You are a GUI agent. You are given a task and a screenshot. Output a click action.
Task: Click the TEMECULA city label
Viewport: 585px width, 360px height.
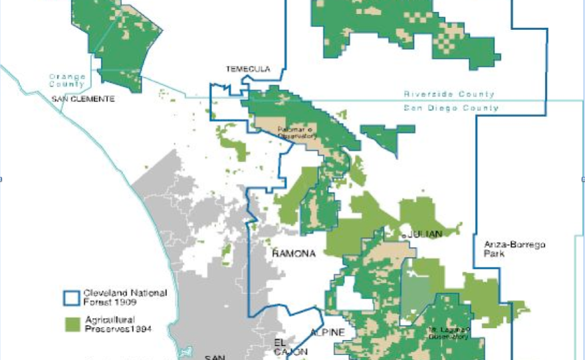[248, 69]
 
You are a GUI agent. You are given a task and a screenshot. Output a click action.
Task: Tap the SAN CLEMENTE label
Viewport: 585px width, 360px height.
[83, 99]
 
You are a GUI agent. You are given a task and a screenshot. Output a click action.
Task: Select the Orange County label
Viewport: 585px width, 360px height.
[67, 80]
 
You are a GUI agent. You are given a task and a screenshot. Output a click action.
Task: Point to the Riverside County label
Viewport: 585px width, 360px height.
[449, 94]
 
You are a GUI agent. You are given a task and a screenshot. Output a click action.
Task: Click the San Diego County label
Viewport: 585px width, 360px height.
[451, 108]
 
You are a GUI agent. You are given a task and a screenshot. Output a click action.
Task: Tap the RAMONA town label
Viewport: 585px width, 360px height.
[293, 253]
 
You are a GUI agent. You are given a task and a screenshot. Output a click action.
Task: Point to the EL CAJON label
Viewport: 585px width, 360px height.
[291, 346]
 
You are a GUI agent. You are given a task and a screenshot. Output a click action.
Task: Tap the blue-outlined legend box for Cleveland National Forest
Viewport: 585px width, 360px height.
[71, 296]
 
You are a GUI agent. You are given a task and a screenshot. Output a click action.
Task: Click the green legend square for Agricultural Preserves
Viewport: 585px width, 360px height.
[72, 323]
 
